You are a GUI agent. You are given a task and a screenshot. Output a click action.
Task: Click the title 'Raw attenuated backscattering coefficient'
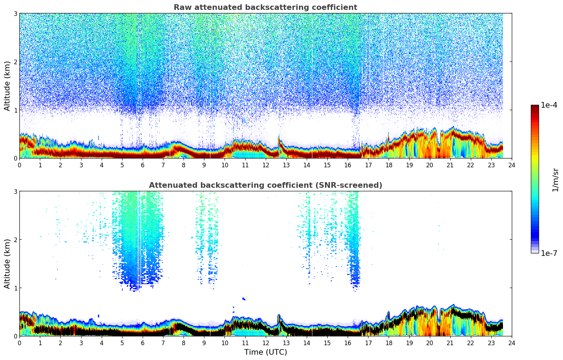[x=265, y=7]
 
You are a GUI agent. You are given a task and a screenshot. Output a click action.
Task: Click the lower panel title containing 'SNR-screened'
[x=265, y=185]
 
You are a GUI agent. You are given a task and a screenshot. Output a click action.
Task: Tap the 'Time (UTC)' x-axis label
[x=265, y=352]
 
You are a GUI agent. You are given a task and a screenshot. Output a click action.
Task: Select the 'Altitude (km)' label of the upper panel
[x=7, y=86]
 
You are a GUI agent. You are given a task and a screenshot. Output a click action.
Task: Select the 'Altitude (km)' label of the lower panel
[x=7, y=264]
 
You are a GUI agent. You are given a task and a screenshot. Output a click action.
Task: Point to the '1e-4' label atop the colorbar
[x=549, y=105]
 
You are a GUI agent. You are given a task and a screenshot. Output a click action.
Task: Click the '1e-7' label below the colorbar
[x=549, y=253]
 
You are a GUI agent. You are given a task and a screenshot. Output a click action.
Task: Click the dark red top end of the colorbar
[x=534, y=107]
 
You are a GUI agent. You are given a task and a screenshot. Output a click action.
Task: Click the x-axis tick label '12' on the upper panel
[x=265, y=165]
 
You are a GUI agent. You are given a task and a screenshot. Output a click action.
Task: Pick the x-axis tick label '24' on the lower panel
[x=511, y=343]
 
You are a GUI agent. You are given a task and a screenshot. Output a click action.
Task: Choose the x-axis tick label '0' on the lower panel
[x=19, y=343]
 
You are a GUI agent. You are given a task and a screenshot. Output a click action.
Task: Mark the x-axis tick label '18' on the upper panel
[x=389, y=165]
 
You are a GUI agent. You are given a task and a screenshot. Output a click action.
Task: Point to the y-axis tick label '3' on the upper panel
[x=16, y=13]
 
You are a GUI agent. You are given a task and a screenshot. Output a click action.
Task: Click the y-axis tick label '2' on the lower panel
[x=16, y=240]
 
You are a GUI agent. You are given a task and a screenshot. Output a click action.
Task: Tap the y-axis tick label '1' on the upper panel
[x=16, y=110]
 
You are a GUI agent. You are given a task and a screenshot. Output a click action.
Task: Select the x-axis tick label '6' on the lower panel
[x=143, y=343]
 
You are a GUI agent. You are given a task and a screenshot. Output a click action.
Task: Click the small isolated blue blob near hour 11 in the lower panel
[x=244, y=299]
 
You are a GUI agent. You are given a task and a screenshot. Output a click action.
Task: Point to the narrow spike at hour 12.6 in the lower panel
[x=278, y=317]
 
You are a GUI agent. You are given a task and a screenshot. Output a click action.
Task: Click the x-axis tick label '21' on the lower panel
[x=450, y=343]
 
